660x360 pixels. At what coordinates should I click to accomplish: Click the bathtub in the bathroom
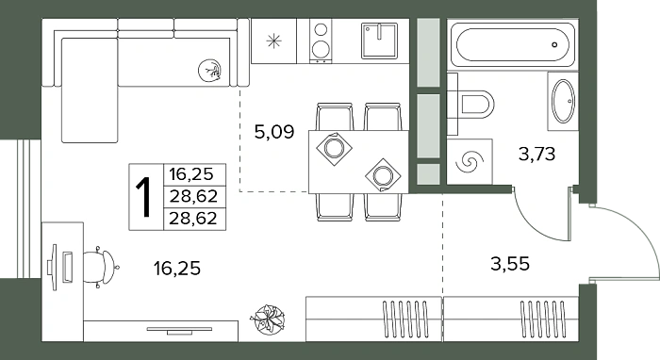pyautogui.click(x=512, y=44)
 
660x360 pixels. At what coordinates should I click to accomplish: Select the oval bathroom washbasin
pyautogui.click(x=563, y=102)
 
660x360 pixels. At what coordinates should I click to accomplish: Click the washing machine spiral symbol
pyautogui.click(x=470, y=161)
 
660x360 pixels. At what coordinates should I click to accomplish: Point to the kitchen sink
pyautogui.click(x=379, y=41)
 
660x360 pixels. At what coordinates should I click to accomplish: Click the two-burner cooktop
pyautogui.click(x=321, y=41)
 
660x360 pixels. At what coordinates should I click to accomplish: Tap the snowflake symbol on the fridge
pyautogui.click(x=274, y=41)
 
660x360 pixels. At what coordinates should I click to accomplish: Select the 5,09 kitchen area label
pyautogui.click(x=274, y=132)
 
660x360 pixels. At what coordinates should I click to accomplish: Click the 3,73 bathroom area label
pyautogui.click(x=537, y=154)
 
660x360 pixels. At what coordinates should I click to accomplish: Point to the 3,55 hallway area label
pyautogui.click(x=510, y=264)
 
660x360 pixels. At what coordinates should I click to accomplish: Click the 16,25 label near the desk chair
pyautogui.click(x=177, y=268)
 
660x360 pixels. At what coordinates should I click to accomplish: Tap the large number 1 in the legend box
pyautogui.click(x=145, y=197)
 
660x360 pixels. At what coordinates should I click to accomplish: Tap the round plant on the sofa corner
pyautogui.click(x=209, y=70)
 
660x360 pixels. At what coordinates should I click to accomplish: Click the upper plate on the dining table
pyautogui.click(x=334, y=149)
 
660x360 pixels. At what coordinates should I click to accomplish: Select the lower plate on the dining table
pyautogui.click(x=383, y=175)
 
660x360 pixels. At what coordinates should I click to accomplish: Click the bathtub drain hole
pyautogui.click(x=554, y=44)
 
